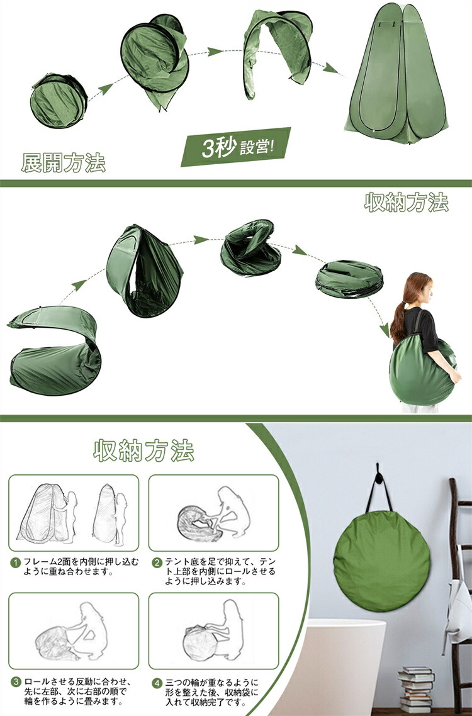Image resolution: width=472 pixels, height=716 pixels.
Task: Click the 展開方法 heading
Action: [x=64, y=162]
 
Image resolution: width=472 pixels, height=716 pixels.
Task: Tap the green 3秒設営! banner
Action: [x=236, y=147]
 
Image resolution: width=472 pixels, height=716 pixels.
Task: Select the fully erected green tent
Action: [x=396, y=73]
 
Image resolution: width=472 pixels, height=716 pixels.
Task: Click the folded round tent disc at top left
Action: [x=58, y=101]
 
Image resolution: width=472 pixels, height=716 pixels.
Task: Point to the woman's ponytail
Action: [x=398, y=322]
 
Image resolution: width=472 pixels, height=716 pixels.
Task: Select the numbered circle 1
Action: [x=16, y=562]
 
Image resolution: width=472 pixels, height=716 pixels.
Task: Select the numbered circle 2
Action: [x=157, y=562]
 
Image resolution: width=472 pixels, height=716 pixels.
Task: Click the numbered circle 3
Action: [x=16, y=683]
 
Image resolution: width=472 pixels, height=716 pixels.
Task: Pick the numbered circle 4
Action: [x=157, y=683]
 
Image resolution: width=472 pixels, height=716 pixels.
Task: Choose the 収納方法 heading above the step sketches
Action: [x=144, y=450]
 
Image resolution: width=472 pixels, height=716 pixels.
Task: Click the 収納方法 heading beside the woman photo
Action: [x=406, y=203]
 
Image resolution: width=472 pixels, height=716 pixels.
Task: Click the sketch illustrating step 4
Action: [x=214, y=633]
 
